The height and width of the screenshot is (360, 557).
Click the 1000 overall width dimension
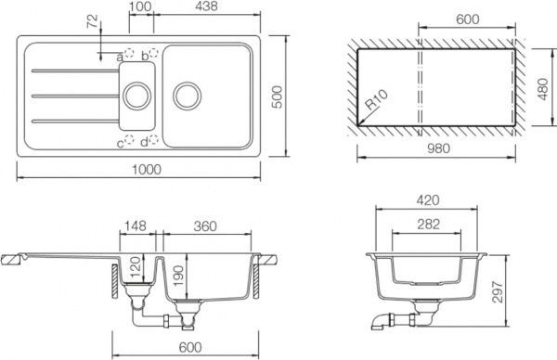[147, 170]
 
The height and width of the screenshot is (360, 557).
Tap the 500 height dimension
[277, 96]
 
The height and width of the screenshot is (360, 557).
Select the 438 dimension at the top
[206, 6]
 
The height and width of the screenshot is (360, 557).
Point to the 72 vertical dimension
[92, 21]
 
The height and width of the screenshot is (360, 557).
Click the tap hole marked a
[129, 53]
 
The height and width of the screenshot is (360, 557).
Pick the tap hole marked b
[153, 53]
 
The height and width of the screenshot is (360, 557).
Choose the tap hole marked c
[129, 140]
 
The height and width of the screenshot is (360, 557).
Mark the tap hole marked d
[153, 140]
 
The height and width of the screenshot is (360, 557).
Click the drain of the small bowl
[137, 96]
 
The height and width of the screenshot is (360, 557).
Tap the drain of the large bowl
[187, 96]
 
